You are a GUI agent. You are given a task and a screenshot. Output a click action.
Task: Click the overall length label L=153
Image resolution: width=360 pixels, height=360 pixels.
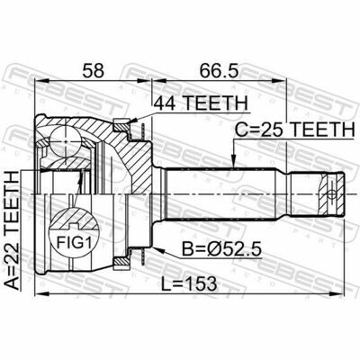click(x=195, y=283)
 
